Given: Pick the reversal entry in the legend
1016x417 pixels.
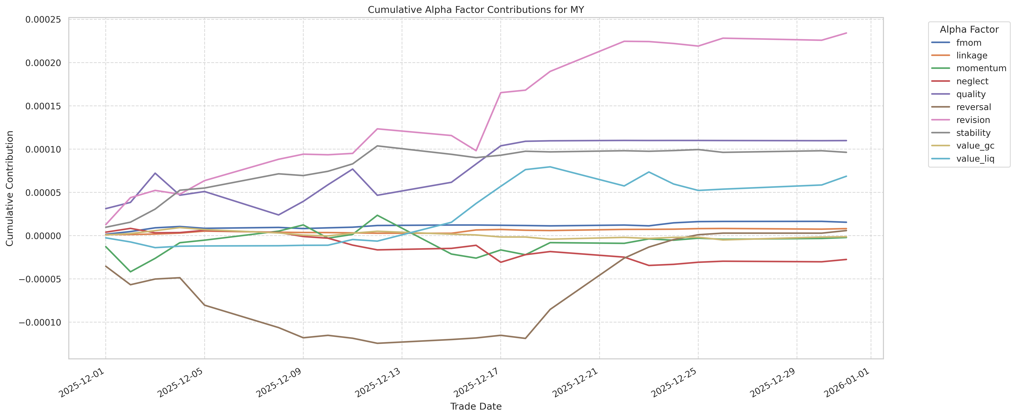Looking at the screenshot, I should point(973,107).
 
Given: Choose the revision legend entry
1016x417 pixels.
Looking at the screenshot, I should point(973,120).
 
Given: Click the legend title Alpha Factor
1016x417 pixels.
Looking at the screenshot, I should point(969,30).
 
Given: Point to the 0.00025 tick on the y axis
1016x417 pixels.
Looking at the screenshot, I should point(43,19).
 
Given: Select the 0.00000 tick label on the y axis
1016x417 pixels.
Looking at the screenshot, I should point(43,236).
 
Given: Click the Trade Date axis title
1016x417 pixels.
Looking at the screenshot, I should point(476,406).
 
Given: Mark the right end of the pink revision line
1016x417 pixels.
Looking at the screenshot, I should point(846,33).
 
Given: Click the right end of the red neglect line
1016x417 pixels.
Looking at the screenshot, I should point(846,259).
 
